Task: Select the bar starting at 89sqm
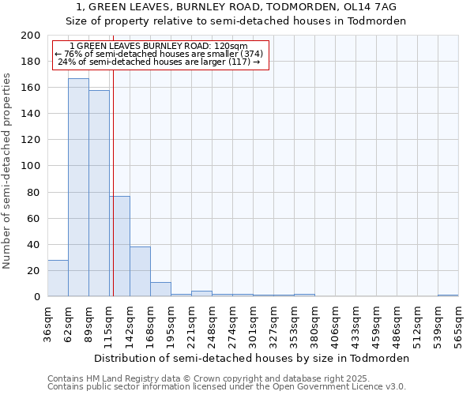99,194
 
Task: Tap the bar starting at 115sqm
119,246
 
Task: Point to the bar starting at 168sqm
160,289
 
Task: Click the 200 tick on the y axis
31,36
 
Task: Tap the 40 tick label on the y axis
34,244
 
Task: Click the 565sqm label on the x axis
458,324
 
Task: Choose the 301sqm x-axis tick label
253,324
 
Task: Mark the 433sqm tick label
355,324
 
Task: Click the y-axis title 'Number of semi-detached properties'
8,171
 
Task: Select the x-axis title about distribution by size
252,358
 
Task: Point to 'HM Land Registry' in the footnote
118,378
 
